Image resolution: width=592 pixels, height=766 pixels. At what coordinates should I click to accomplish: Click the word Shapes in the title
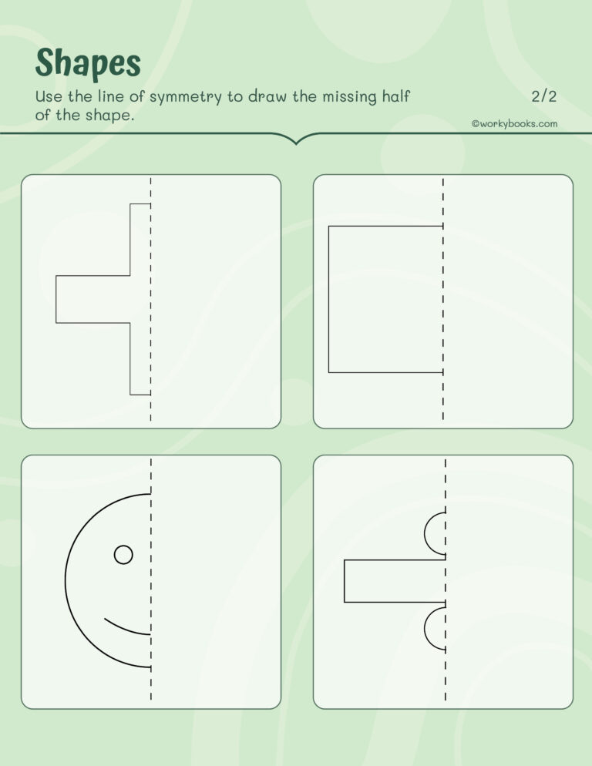tap(88, 63)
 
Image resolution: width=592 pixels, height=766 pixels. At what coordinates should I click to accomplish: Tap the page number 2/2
tap(543, 96)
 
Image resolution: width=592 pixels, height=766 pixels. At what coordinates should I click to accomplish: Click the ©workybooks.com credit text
tap(514, 123)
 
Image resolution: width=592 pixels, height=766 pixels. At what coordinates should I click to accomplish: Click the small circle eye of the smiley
tap(123, 554)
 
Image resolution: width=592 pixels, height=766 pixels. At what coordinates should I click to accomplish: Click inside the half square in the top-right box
tap(385, 299)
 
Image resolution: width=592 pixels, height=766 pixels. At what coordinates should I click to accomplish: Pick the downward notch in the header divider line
tap(295, 139)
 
